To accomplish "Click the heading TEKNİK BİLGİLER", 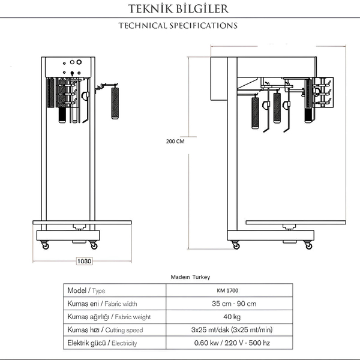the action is [178, 9].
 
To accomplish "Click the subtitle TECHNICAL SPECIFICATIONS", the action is [178, 25].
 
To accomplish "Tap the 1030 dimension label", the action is [84, 261].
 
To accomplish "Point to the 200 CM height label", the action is [175, 141].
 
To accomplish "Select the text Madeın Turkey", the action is [190, 277].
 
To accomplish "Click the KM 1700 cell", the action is [227, 290].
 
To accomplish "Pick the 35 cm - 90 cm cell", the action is [234, 304].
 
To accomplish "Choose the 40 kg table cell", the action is [232, 317].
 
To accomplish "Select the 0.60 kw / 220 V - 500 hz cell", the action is [232, 343].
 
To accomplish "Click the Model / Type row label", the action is [86, 290].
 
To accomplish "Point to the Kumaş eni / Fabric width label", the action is [102, 304].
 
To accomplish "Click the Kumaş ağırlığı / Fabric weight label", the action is [109, 317].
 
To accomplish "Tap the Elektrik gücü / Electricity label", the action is [102, 343].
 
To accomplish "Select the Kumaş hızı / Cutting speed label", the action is [105, 329].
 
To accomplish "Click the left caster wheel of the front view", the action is [45, 245].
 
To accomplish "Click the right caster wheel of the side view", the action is [308, 245].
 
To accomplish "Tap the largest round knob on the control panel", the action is [79, 62].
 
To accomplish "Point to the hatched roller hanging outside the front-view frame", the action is [115, 103].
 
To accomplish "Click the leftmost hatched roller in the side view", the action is [256, 113].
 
